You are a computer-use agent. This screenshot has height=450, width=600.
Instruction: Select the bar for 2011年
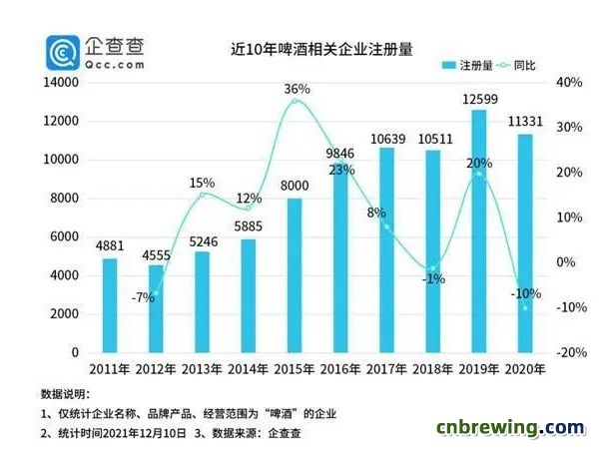[110, 305]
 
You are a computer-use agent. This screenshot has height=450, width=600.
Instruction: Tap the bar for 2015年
[295, 275]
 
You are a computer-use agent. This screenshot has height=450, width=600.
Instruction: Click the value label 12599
[479, 99]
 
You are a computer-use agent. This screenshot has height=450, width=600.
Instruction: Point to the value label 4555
[156, 253]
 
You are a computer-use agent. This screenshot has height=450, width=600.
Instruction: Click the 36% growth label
[297, 90]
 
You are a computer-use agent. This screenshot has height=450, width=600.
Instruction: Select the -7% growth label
[141, 297]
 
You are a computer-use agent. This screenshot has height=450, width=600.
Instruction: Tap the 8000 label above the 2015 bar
[295, 187]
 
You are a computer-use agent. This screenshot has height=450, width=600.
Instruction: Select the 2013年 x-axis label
[203, 371]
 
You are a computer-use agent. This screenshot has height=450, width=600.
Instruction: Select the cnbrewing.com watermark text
[510, 428]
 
